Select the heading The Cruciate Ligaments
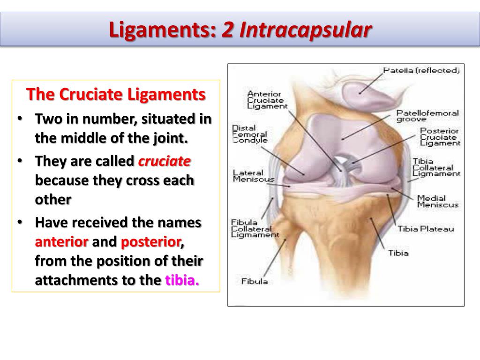[x=116, y=94]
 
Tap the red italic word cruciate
[x=164, y=161]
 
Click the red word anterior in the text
[x=62, y=242]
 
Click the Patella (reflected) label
[x=421, y=71]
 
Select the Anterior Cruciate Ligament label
[x=267, y=100]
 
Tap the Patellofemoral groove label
[x=427, y=116]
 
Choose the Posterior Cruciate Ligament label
[x=440, y=137]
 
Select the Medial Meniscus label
[x=437, y=201]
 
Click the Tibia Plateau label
[x=426, y=229]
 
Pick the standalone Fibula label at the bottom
[x=255, y=281]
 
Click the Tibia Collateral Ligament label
[x=436, y=167]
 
